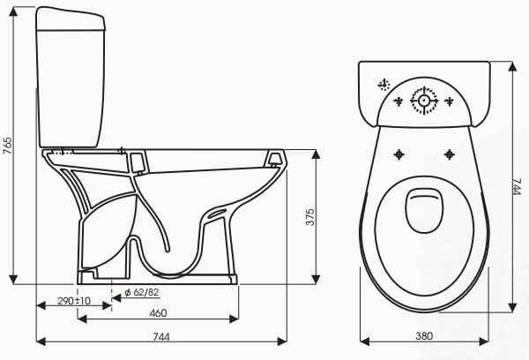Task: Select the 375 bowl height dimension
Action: pos(309,218)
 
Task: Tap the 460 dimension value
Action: pos(158,313)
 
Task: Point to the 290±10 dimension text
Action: pos(75,301)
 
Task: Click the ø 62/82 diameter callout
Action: pos(141,292)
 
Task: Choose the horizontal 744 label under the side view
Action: pos(161,336)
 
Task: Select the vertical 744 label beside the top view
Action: pos(518,187)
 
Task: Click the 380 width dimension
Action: pos(424,335)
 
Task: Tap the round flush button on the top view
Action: pos(424,101)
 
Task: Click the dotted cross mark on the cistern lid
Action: pos(384,85)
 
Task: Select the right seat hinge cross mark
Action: pos(448,154)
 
